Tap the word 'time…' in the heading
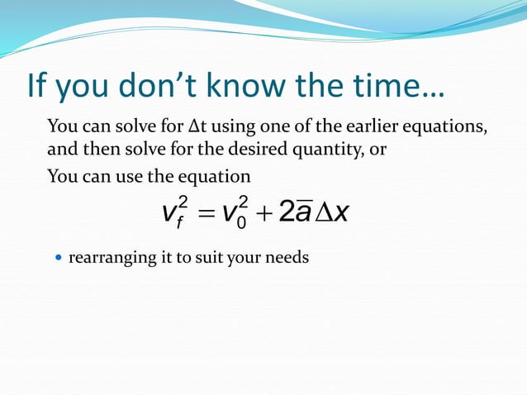click(387, 85)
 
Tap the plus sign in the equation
click(264, 213)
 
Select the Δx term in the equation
click(332, 212)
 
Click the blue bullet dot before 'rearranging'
click(56, 258)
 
